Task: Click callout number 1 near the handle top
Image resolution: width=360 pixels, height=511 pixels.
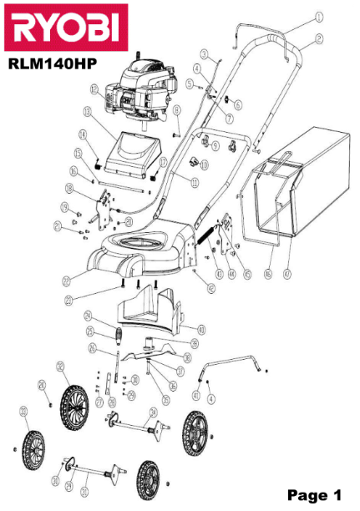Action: pyautogui.click(x=318, y=16)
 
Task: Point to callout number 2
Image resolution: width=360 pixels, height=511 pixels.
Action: pyautogui.click(x=318, y=38)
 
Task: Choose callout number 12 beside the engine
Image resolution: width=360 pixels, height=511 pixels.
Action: pyautogui.click(x=94, y=89)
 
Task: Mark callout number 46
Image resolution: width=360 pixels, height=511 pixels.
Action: pyautogui.click(x=268, y=273)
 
